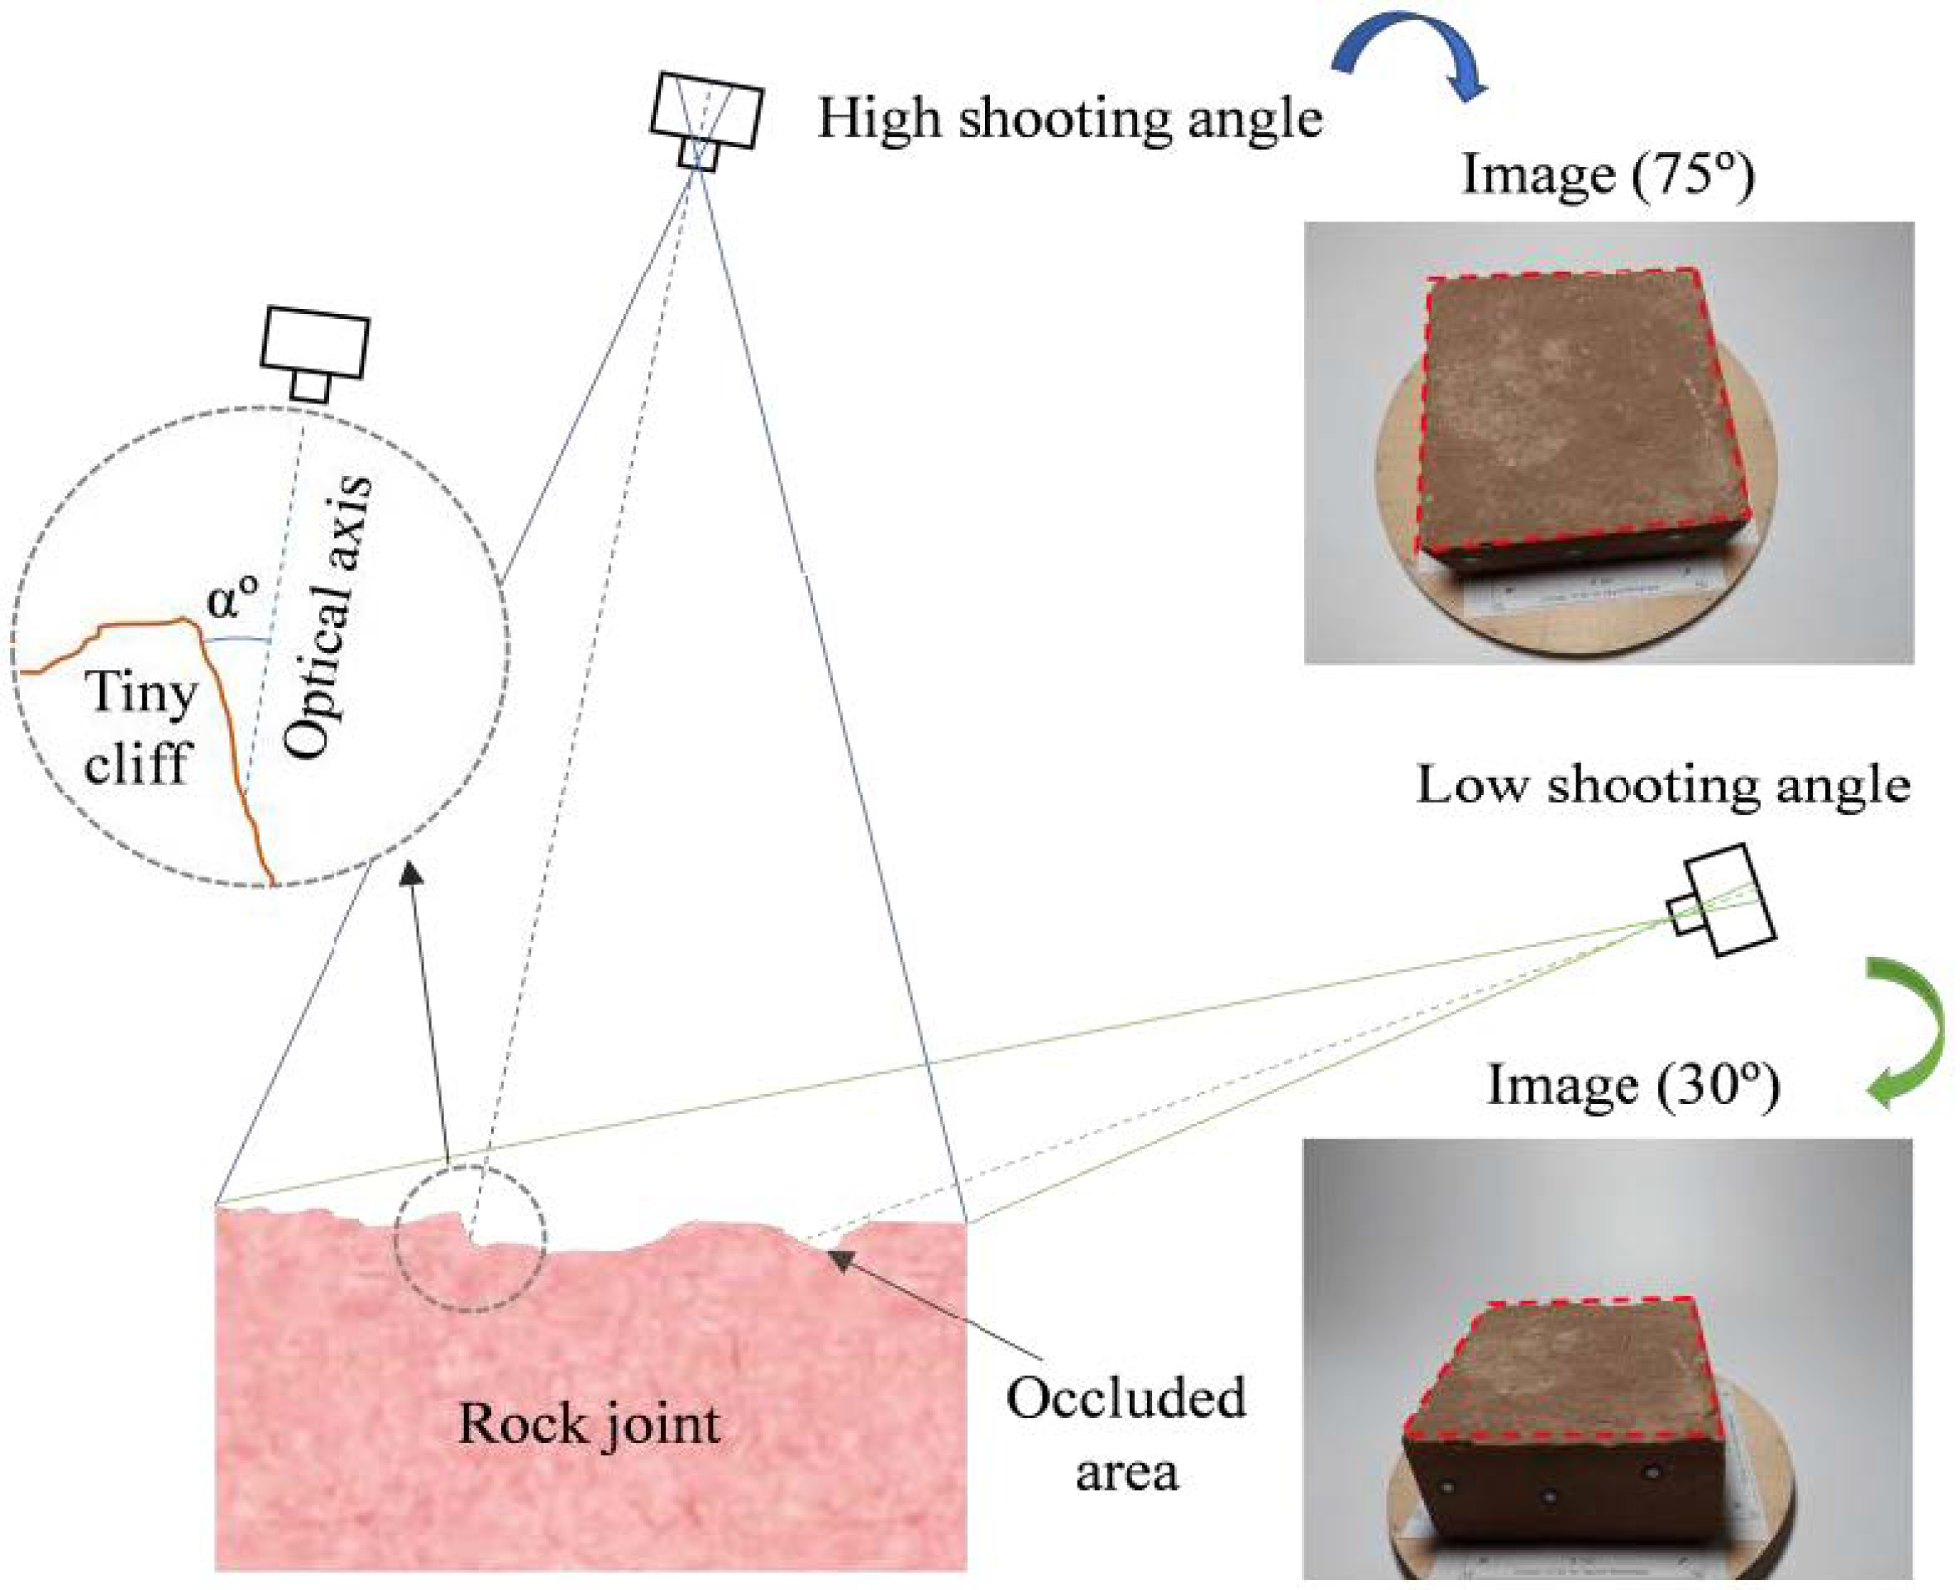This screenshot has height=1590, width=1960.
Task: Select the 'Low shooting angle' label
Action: (1662, 786)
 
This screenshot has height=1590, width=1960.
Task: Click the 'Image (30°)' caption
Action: (1632, 1086)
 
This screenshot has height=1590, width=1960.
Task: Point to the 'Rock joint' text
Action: (588, 1424)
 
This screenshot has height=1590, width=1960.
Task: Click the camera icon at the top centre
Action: (705, 119)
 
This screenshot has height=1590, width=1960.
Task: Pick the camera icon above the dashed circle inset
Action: (314, 352)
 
